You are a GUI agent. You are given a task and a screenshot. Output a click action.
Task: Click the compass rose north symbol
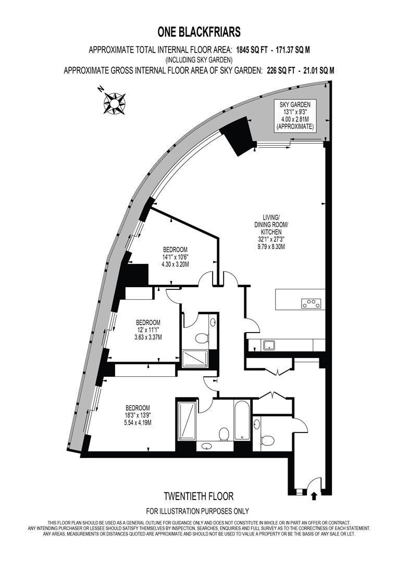115,103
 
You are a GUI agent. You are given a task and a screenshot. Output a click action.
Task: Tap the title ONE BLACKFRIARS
199,32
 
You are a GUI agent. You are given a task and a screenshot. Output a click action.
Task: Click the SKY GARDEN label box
295,116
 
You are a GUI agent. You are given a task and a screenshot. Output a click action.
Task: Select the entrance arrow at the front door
314,496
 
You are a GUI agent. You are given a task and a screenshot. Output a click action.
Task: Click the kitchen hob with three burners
311,303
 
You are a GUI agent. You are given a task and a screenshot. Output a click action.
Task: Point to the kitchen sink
269,345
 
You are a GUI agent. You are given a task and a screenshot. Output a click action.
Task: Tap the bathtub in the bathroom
242,420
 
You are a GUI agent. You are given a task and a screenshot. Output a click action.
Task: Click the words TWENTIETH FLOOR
198,496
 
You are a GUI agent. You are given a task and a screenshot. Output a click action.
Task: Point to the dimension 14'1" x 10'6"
175,257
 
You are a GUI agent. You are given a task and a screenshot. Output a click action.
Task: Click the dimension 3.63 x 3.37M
148,337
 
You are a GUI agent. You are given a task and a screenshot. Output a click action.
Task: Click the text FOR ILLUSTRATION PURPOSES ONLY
197,511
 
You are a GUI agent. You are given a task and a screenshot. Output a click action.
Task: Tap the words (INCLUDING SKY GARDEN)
199,59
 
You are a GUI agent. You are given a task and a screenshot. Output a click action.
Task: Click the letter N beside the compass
101,88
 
